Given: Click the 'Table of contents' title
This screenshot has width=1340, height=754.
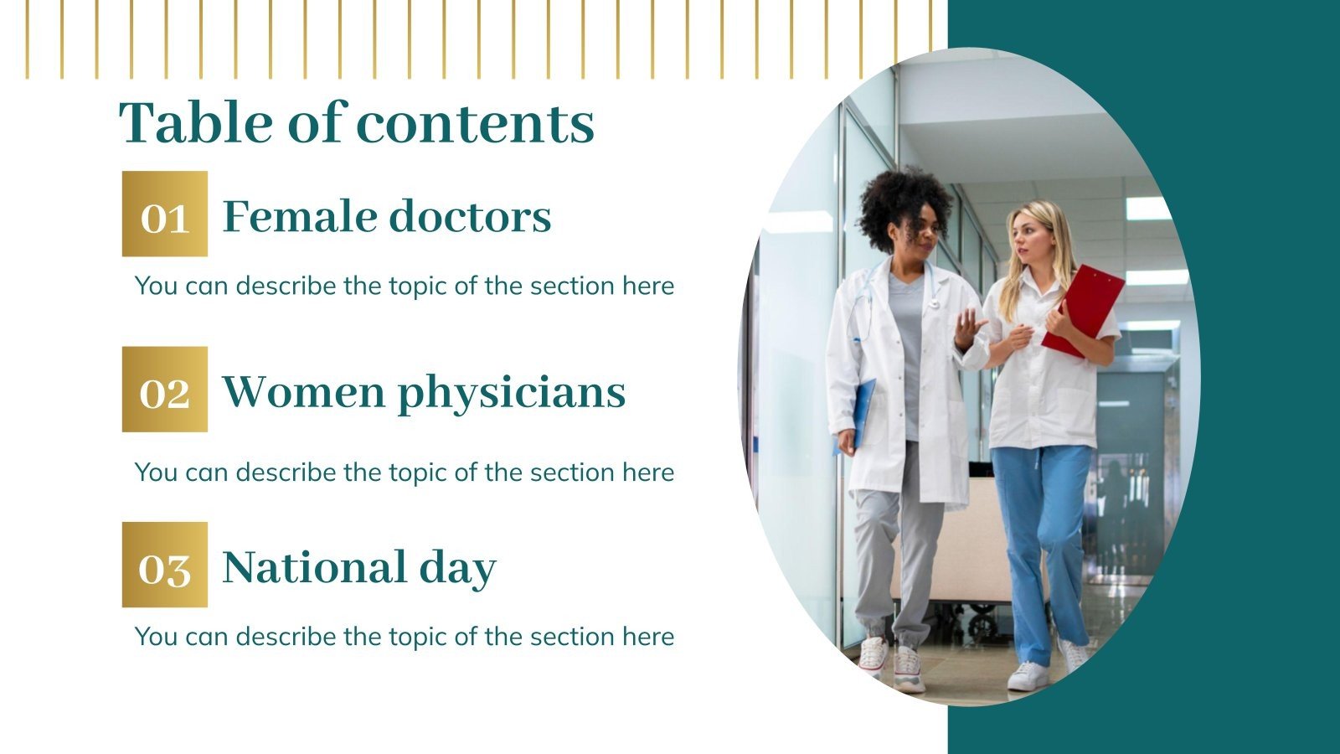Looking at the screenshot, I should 357,122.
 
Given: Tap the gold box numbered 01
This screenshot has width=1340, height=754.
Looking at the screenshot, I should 165,214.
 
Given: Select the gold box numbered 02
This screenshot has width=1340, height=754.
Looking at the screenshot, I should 165,390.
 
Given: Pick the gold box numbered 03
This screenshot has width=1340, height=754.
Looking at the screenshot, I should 165,565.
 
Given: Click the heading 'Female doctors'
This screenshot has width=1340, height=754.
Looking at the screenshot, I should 386,216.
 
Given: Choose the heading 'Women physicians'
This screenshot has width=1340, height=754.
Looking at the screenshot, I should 424,392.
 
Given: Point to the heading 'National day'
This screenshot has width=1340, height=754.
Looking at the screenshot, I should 359,567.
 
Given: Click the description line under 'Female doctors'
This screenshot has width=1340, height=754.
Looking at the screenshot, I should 405,286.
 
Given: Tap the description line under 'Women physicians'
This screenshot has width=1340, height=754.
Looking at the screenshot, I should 405,473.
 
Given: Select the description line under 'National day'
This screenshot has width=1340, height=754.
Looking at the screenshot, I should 405,637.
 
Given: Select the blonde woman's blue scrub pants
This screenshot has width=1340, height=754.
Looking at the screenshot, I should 1040,536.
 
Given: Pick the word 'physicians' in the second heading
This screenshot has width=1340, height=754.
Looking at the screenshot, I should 512,393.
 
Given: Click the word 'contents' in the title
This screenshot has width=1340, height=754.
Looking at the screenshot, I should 475,122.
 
